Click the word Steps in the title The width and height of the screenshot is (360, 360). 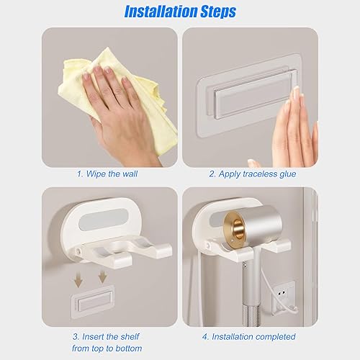[218, 12]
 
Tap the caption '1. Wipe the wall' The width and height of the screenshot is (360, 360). [107, 174]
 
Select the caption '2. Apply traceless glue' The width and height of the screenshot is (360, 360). [252, 174]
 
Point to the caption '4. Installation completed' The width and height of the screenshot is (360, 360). [248, 337]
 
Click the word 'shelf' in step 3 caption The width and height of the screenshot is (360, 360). [130, 336]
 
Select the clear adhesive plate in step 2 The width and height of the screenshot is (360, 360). [248, 96]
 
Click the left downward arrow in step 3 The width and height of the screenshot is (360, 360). [78, 279]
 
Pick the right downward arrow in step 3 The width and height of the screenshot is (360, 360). [102, 276]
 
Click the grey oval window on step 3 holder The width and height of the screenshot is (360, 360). [104, 220]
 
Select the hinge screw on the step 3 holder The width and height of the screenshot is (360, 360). [78, 251]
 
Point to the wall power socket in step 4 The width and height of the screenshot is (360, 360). [283, 297]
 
